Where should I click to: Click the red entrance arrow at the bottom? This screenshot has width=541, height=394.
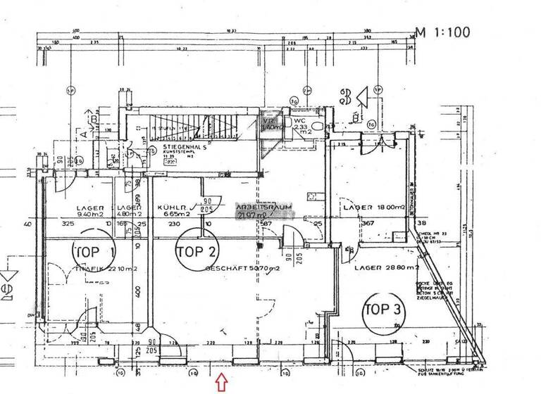(220, 383)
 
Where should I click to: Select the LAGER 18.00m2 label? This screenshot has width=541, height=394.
(373, 208)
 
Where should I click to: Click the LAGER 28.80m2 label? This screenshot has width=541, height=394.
(387, 268)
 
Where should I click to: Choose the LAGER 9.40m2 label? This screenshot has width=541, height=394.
(90, 211)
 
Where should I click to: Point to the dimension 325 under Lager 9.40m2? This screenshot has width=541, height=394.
(68, 224)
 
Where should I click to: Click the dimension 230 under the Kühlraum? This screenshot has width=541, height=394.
(173, 224)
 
